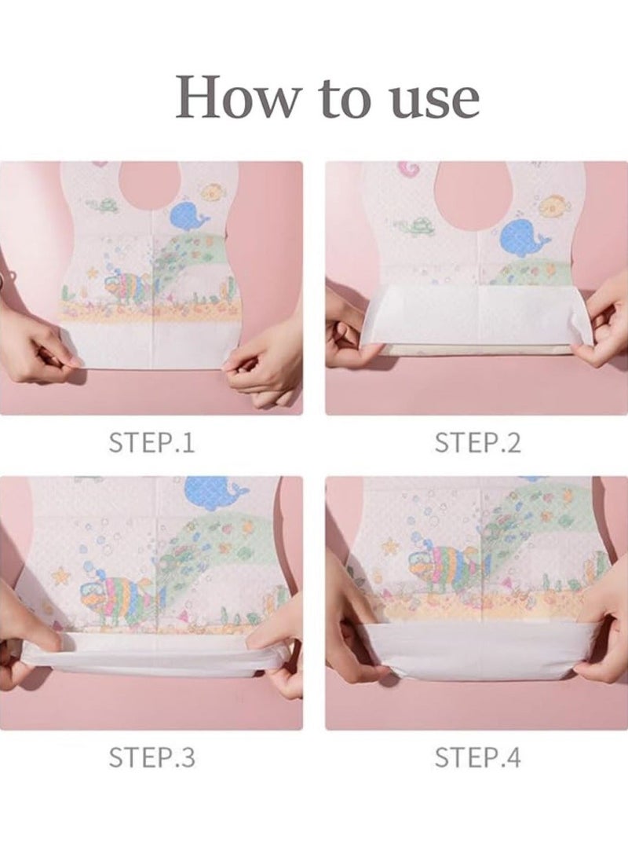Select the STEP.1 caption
[152, 442]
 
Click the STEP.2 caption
[477, 442]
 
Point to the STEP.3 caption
[152, 757]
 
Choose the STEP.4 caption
[477, 757]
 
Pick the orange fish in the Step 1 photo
[211, 192]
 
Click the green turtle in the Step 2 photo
[422, 225]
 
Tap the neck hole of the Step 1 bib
[152, 186]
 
